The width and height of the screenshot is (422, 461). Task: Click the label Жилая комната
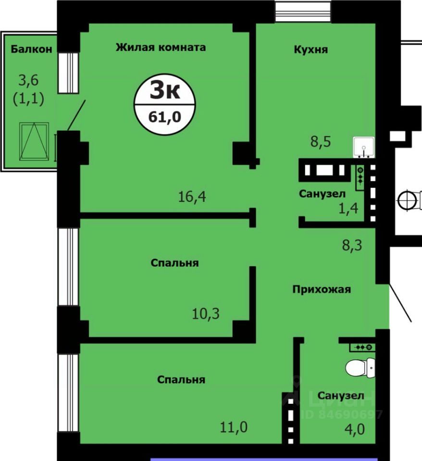[x=161, y=47]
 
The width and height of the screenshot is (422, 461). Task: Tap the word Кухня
[x=310, y=49]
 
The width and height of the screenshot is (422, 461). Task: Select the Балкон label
[x=32, y=49]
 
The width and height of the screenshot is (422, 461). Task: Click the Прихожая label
[x=322, y=289]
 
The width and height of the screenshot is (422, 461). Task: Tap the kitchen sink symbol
[x=364, y=147]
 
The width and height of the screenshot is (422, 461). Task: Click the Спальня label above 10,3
[x=174, y=263]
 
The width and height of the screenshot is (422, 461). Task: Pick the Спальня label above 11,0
[x=181, y=379]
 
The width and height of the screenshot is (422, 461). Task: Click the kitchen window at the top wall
[x=303, y=10]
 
